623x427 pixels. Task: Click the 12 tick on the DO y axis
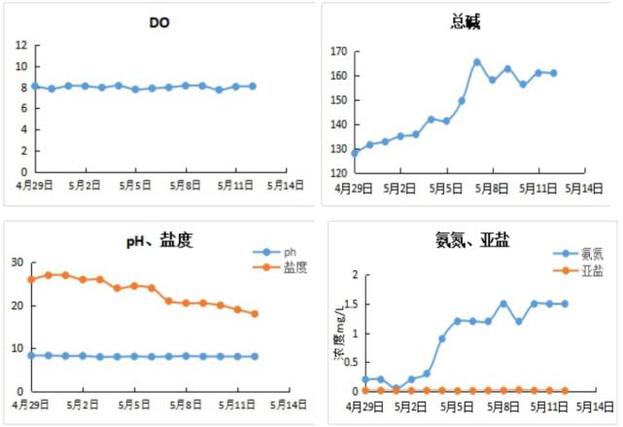(x=22, y=46)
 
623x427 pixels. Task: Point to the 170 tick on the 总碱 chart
(x=336, y=51)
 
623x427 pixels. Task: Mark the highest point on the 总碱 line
(x=477, y=61)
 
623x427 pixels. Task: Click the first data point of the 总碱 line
(x=355, y=153)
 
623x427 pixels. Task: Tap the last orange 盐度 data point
(x=255, y=313)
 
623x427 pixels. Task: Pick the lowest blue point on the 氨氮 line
(x=396, y=388)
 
